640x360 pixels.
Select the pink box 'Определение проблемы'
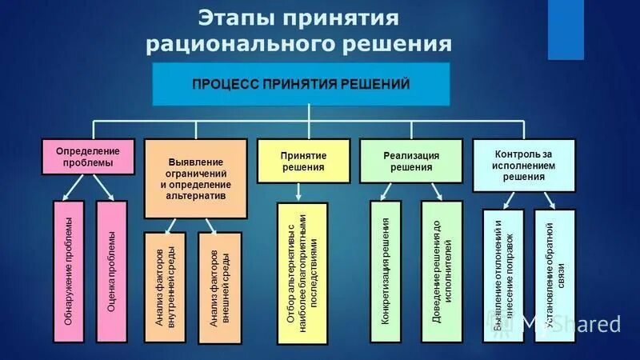click(88, 156)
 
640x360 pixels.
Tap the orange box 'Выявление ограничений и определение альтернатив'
click(195, 178)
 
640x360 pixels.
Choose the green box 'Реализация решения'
click(411, 162)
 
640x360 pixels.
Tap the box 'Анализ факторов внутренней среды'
click(165, 287)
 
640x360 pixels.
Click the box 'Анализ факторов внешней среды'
click(218, 287)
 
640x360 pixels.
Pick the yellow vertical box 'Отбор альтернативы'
click(302, 273)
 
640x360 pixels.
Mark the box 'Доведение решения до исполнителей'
click(441, 272)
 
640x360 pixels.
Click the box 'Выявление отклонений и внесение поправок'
click(503, 276)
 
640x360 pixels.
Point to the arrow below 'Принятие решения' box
click(298, 192)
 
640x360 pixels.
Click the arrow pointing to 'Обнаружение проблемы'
click(71, 189)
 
